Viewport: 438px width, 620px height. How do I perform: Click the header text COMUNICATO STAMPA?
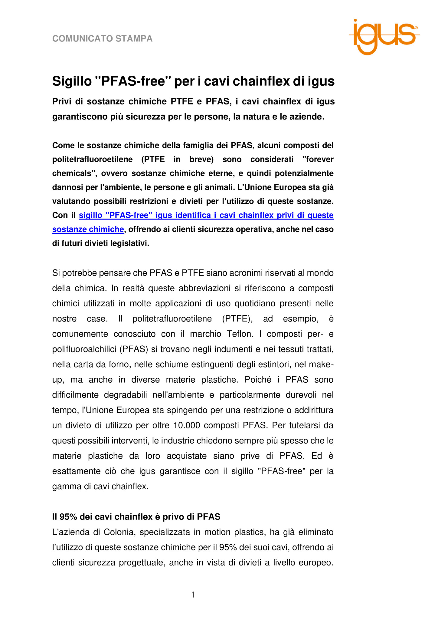[102, 39]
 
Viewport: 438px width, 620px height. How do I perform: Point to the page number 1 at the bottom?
[193, 595]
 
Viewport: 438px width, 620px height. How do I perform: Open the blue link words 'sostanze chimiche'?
[88, 229]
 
